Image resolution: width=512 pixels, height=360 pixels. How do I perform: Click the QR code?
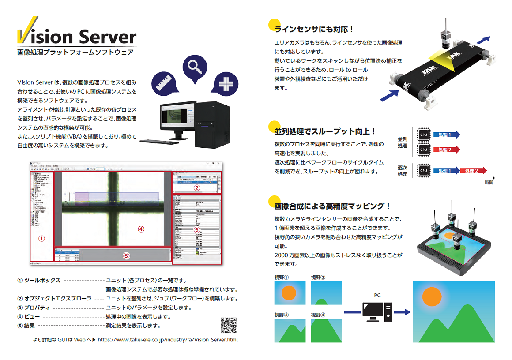(228, 325)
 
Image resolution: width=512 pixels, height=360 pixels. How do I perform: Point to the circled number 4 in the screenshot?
(141, 229)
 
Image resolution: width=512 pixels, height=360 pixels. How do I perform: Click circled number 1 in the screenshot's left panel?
(41, 238)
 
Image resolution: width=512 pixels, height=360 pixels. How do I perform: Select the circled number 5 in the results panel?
(126, 255)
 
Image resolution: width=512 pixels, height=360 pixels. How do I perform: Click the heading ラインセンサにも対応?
(314, 29)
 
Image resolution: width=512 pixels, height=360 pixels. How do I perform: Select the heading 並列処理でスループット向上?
(325, 131)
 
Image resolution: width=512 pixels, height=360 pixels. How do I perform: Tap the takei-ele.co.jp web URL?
(167, 340)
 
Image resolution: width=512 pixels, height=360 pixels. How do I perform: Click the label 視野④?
(318, 315)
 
